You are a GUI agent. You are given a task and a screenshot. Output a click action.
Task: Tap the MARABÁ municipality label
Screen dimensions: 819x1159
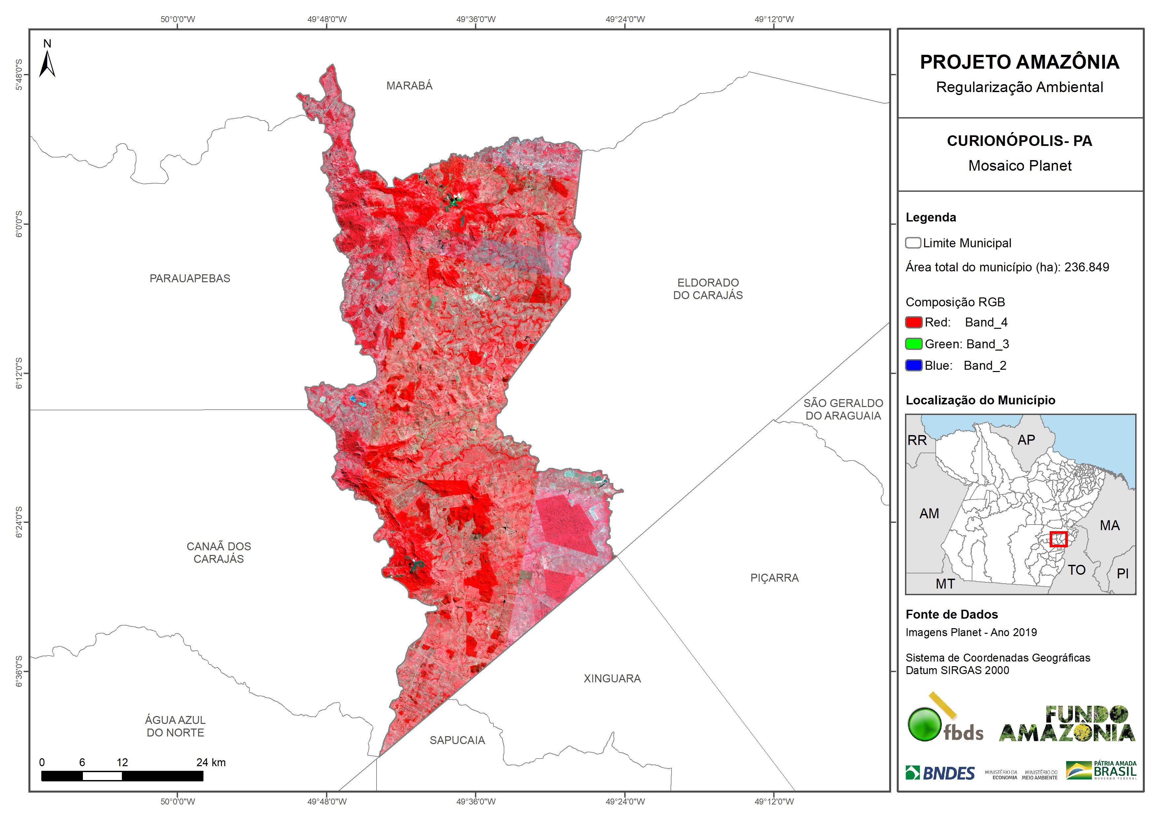pyautogui.click(x=409, y=86)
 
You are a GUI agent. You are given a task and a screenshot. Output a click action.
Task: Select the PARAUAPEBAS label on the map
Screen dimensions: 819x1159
pyautogui.click(x=190, y=279)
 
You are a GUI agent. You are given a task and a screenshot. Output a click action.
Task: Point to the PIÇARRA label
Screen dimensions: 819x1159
pyautogui.click(x=774, y=578)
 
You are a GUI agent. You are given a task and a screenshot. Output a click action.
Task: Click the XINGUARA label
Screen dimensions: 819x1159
pyautogui.click(x=612, y=679)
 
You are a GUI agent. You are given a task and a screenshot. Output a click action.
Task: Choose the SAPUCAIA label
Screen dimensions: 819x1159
pyautogui.click(x=457, y=740)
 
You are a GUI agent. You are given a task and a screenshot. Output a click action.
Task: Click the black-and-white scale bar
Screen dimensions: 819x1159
pyautogui.click(x=122, y=776)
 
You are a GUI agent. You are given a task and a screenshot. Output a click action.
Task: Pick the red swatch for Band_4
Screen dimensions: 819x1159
pyautogui.click(x=914, y=323)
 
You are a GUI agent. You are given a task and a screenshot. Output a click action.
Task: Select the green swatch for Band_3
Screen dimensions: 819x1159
pyautogui.click(x=914, y=344)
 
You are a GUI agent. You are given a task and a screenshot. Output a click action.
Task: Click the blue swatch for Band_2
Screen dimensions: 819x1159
pyautogui.click(x=914, y=365)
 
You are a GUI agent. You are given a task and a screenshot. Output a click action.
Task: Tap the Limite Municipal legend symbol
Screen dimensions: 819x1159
pyautogui.click(x=913, y=243)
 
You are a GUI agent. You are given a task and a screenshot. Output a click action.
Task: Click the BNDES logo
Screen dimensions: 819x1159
pyautogui.click(x=940, y=773)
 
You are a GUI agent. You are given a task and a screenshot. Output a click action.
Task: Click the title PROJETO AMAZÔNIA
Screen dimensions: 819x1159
pyautogui.click(x=1019, y=62)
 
